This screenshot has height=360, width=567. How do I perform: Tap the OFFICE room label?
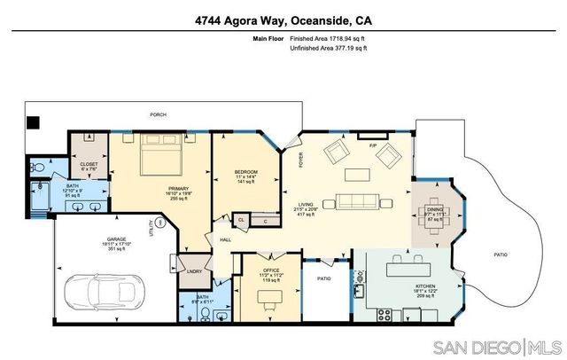(x=271, y=269)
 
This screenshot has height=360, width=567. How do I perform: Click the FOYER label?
(x=300, y=161)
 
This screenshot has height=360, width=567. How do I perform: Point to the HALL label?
(x=226, y=239)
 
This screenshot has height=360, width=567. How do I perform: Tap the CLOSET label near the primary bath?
(x=88, y=164)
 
